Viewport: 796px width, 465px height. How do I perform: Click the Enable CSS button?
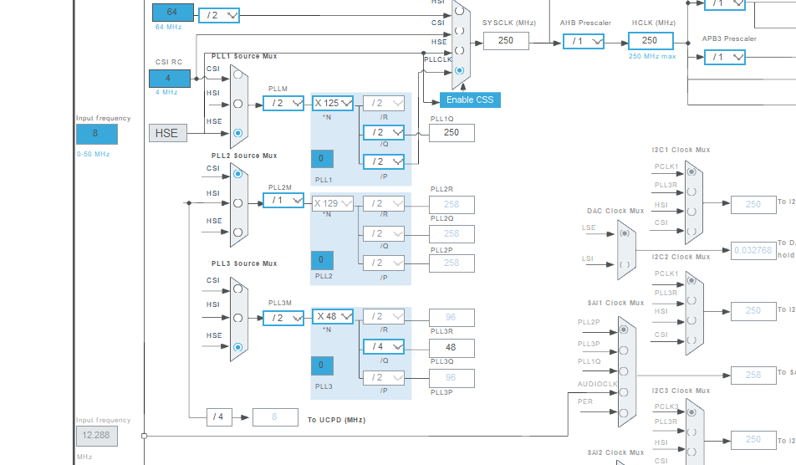(x=470, y=100)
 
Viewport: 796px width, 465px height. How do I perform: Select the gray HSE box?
(x=167, y=132)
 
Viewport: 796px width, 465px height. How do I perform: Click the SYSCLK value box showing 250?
(x=506, y=40)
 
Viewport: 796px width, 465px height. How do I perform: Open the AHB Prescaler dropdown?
(x=584, y=41)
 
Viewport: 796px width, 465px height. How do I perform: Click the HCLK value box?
(x=650, y=40)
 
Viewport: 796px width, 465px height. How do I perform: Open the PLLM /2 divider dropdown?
(x=283, y=103)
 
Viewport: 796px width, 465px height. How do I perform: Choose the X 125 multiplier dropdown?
(x=333, y=103)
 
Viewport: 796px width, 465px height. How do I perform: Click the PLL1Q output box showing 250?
(x=452, y=132)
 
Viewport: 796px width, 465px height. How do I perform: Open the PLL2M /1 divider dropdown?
(x=283, y=200)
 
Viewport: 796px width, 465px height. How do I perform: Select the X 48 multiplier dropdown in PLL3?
(x=333, y=317)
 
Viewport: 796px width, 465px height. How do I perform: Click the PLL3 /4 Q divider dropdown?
(x=383, y=345)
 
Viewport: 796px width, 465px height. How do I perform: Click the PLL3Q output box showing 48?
(x=452, y=346)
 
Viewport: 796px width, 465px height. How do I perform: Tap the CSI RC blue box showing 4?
(x=171, y=79)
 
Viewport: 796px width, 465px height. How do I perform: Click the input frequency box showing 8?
(x=96, y=134)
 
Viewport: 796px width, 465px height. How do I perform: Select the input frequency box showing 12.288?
(x=96, y=436)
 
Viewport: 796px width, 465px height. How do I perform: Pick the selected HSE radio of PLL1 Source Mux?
(x=238, y=132)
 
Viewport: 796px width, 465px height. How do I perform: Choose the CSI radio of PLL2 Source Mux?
(x=238, y=174)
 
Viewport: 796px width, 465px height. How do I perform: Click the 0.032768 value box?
(x=753, y=250)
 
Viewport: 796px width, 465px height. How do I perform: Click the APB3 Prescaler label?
(x=729, y=38)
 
